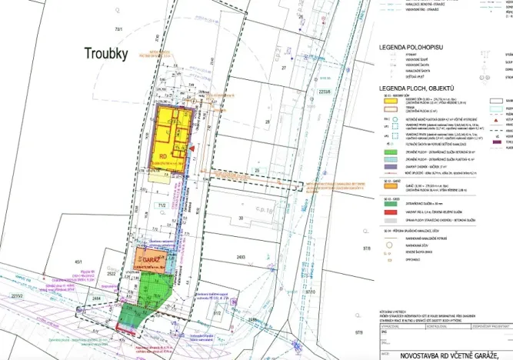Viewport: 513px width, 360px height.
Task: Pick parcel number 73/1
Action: click(118, 28)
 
